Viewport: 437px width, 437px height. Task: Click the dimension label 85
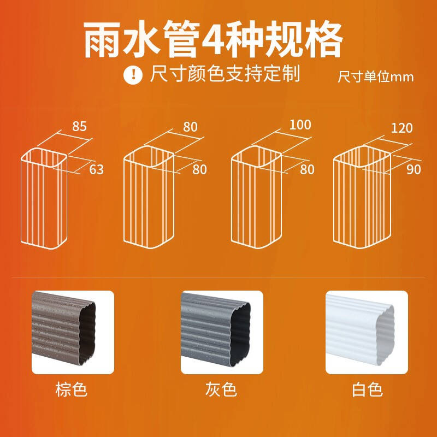point(79,126)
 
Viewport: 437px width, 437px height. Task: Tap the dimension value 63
point(97,169)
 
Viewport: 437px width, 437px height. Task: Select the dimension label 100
point(300,125)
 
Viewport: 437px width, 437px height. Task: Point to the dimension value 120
point(401,128)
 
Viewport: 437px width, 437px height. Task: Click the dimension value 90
point(414,169)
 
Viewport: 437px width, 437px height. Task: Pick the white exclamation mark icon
point(133,74)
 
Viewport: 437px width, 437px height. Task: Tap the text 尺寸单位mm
point(375,76)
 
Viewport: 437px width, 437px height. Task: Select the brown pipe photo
point(73,332)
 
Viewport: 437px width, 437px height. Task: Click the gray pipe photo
point(222,332)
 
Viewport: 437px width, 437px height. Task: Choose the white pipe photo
point(367,332)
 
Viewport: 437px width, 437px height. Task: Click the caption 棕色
point(72,389)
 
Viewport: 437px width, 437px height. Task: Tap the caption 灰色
point(221,389)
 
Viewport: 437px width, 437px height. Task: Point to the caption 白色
point(367,389)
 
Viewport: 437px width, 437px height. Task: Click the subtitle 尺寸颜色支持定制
point(225,74)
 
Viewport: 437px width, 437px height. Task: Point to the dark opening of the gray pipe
point(240,334)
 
